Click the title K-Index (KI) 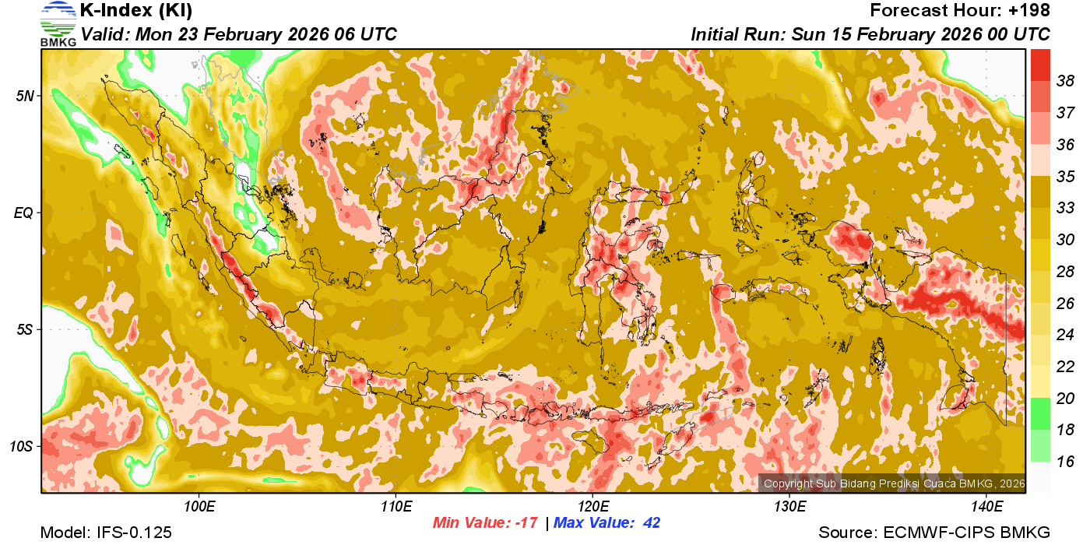[136, 11]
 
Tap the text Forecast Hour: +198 [959, 11]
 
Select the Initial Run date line [870, 34]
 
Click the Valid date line [239, 34]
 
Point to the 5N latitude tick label [25, 96]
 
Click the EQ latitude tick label [25, 213]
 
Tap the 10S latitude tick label [23, 446]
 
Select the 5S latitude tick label [25, 329]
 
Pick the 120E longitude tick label [592, 507]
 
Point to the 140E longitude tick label [986, 507]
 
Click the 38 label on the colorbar [1065, 81]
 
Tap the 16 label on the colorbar [1065, 462]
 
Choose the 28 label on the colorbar [1065, 272]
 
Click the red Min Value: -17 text [485, 523]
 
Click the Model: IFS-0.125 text [106, 533]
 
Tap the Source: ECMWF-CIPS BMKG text [934, 533]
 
